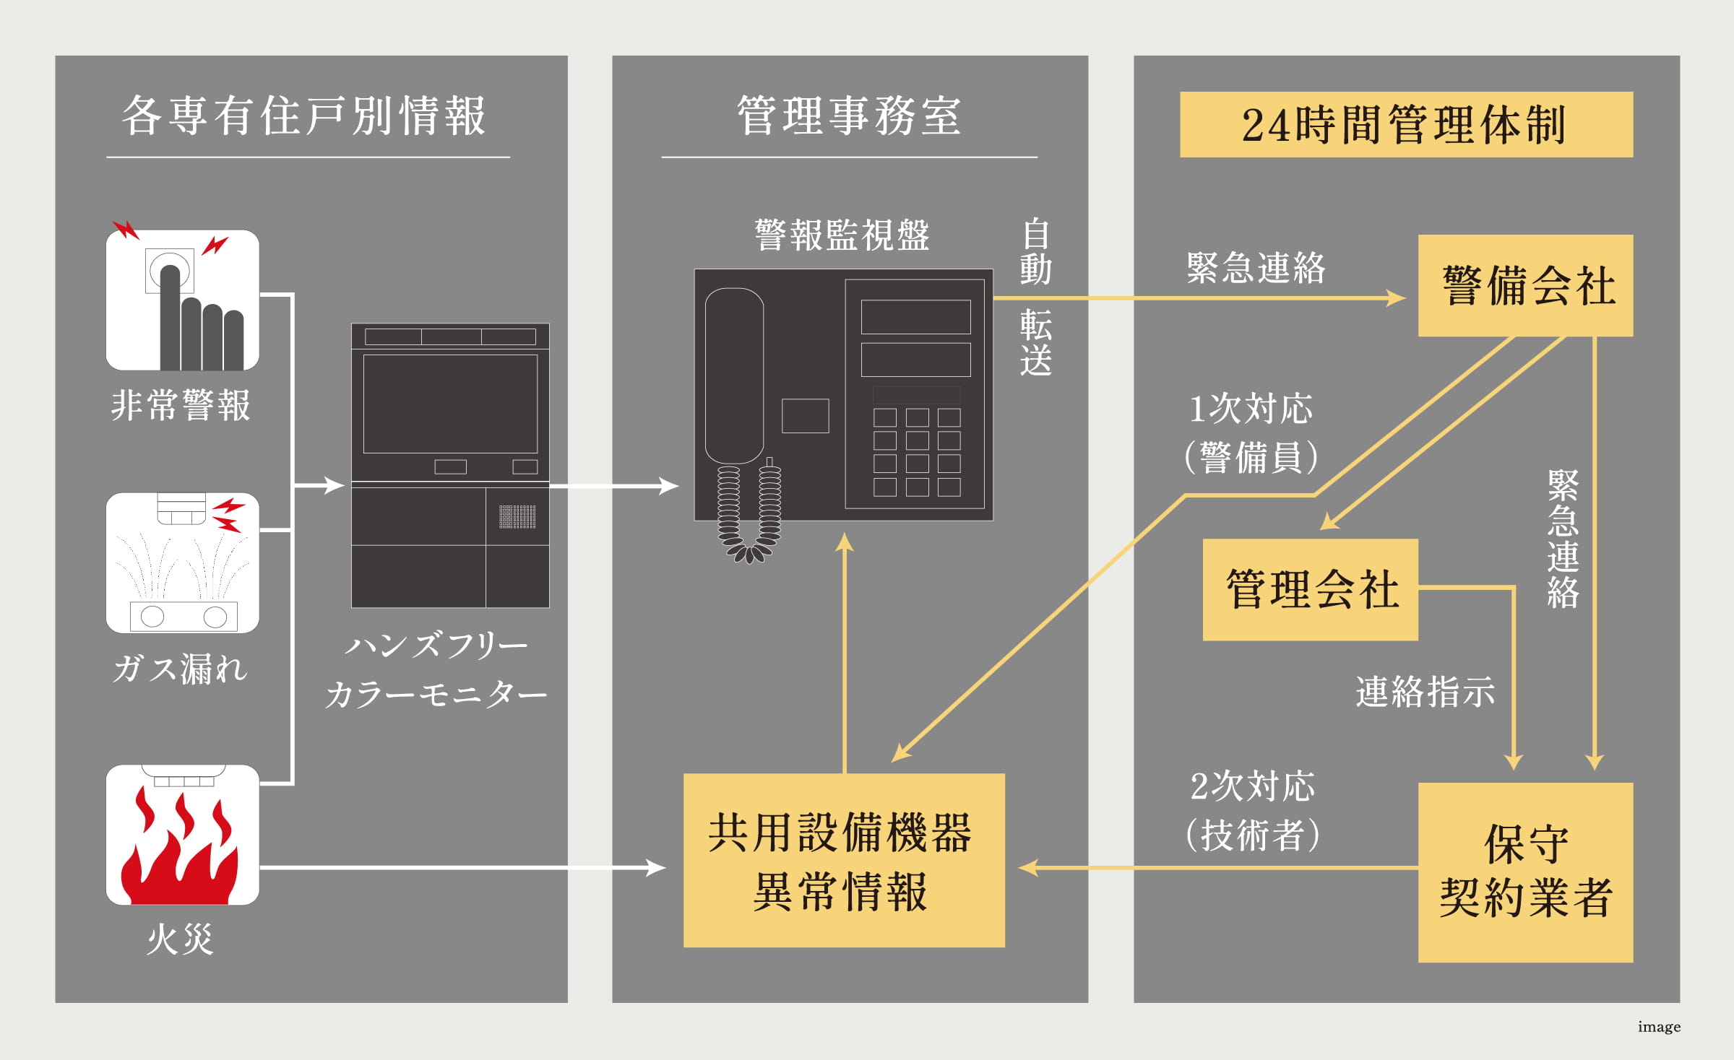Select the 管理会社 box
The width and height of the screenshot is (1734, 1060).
1310,589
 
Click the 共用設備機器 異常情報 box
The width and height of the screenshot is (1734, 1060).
843,860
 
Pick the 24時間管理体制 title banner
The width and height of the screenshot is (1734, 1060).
1405,124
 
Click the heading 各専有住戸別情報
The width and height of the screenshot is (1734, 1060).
304,116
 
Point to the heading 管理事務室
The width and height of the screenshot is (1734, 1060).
849,116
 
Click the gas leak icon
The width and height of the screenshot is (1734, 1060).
182,563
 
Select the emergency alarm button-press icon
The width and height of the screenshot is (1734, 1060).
182,300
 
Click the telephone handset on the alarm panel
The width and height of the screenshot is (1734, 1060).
734,375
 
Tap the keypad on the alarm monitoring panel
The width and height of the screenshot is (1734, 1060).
916,453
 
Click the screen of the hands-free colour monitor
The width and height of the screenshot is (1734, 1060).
449,403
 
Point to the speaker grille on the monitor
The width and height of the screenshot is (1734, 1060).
517,516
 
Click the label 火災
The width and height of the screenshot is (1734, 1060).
180,939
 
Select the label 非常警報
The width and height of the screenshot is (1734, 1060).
181,404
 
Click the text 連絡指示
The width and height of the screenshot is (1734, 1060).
1425,692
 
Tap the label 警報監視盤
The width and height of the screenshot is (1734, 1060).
842,235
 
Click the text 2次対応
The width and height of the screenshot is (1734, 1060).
1252,786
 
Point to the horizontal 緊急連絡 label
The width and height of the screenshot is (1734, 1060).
1256,268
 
